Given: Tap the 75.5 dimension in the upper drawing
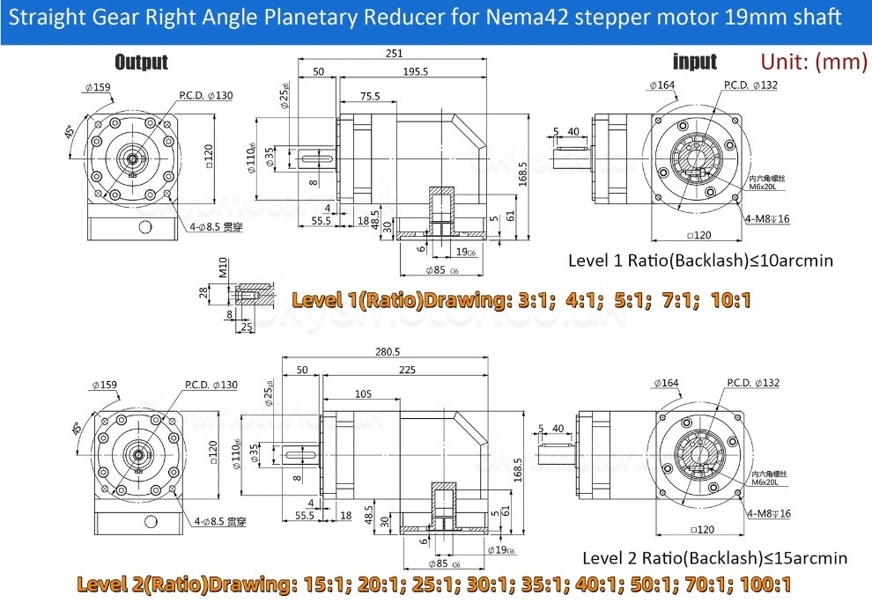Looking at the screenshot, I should [370, 97].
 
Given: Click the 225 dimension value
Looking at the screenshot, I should [407, 371].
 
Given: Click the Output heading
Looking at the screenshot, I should [141, 62].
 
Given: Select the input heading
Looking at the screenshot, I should [695, 62].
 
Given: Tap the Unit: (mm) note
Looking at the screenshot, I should [813, 62].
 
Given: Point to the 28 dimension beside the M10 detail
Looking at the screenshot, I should [202, 291].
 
